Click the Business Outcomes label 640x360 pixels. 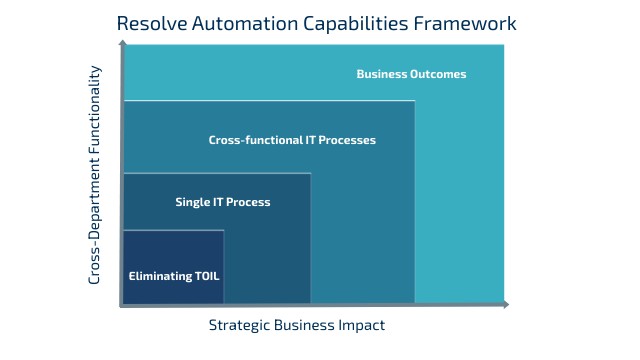point(411,74)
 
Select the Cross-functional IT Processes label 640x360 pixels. point(292,140)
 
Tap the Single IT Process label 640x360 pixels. point(222,202)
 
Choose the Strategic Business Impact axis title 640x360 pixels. point(296,325)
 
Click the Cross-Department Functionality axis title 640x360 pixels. point(95,175)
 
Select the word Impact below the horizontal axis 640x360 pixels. point(363,325)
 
